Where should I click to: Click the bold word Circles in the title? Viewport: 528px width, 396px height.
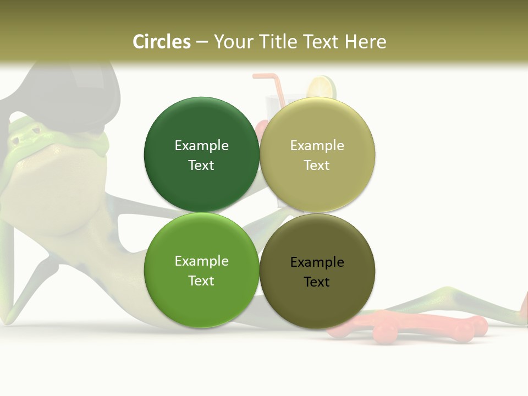click(x=162, y=41)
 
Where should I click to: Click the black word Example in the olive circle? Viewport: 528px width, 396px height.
click(x=317, y=262)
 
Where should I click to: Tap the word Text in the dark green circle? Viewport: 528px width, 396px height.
click(x=201, y=166)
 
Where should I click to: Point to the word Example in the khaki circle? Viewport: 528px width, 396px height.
click(x=317, y=146)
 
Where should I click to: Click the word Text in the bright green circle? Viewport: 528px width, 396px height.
click(x=201, y=281)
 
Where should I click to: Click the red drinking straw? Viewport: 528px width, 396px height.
click(x=278, y=88)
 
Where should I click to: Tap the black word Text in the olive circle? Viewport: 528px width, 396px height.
click(x=317, y=282)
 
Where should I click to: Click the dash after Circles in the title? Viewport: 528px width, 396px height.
click(x=202, y=42)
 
